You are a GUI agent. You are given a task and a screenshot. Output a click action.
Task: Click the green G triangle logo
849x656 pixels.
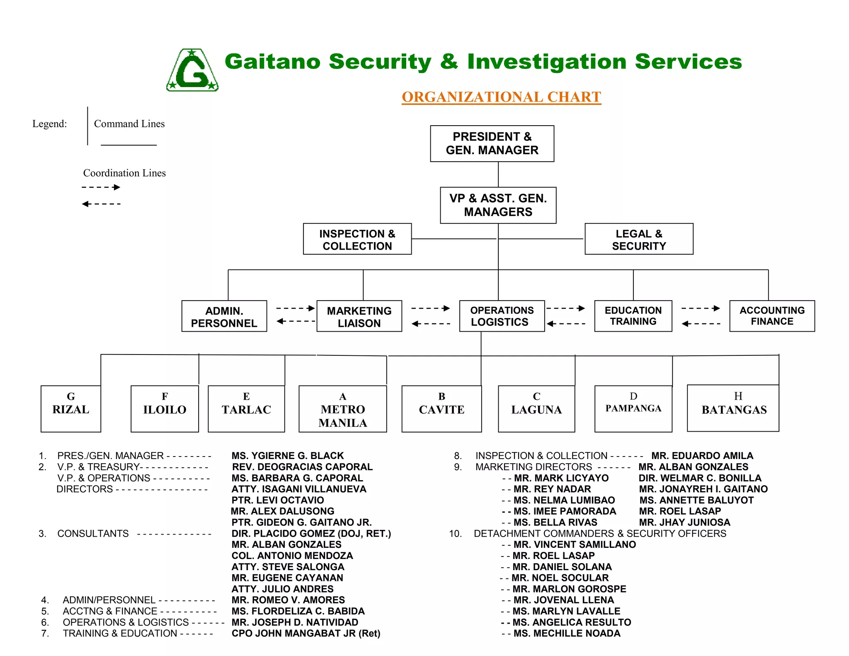point(192,70)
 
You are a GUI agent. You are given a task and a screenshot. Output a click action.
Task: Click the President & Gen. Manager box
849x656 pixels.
point(492,143)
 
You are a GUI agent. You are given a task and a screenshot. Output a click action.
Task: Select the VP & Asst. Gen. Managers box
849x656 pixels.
point(498,205)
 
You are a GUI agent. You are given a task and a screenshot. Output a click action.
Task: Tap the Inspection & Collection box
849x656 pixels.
point(357,239)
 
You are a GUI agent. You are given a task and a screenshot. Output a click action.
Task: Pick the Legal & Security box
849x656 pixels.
point(639,239)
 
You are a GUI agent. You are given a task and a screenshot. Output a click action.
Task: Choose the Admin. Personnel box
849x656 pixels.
point(224,316)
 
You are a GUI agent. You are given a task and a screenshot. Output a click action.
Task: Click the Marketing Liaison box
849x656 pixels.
point(359,316)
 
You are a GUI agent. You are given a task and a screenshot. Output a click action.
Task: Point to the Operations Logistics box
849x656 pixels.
point(502,316)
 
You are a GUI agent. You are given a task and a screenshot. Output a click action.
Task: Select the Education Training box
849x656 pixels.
point(633,316)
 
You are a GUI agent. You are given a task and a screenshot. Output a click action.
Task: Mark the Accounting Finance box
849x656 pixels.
point(772,316)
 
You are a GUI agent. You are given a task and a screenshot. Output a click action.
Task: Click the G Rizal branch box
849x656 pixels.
point(71,408)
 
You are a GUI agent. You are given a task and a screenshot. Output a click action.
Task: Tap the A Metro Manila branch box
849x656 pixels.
point(343,409)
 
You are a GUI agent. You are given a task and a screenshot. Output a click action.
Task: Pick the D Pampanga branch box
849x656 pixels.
point(633,408)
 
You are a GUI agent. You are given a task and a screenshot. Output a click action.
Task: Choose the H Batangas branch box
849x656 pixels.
point(733,408)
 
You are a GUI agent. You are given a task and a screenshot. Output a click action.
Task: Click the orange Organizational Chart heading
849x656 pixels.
point(501,97)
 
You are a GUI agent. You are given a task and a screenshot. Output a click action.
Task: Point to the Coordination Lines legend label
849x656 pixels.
point(124,173)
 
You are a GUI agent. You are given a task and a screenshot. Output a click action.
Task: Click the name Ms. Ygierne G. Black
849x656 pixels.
point(288,456)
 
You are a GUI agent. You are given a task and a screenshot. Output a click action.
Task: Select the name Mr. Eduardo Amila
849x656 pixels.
point(702,456)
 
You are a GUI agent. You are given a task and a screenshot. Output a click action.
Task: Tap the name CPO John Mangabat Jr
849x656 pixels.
point(306,633)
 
